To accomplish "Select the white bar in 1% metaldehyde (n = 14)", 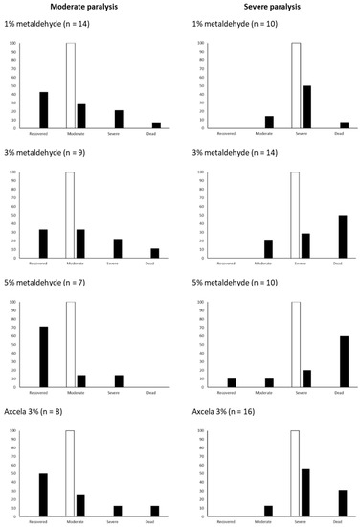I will pyautogui.click(x=70, y=85).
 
